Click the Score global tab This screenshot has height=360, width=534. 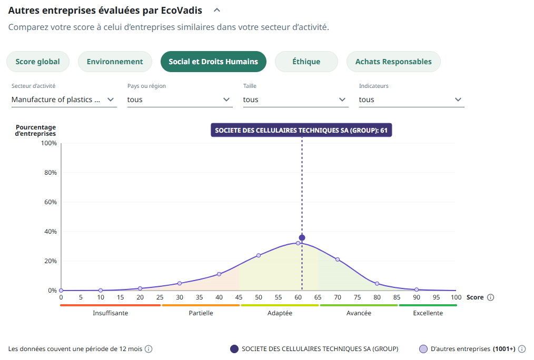coord(37,62)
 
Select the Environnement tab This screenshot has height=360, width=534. coord(115,62)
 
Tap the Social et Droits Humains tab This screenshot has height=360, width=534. coord(213,62)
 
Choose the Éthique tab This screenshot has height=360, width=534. coord(306,62)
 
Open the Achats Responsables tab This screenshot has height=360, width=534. coord(393,62)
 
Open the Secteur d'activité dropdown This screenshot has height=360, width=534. coord(64,99)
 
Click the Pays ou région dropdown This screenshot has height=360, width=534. coord(180,99)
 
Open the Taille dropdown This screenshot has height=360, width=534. coord(295,99)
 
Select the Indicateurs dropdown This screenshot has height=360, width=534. coord(411,99)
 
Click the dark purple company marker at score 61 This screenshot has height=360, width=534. coord(302,237)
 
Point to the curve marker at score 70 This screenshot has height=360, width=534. coord(338,259)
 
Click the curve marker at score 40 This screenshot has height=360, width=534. coord(219,274)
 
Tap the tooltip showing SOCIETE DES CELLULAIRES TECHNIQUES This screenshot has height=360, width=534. coord(301,131)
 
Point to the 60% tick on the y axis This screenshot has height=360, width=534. coord(50,202)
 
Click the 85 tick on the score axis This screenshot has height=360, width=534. coord(397,297)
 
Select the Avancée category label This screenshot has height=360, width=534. coord(359,313)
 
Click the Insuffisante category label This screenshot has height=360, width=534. coord(111,313)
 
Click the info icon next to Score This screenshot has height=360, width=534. coord(490,297)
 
